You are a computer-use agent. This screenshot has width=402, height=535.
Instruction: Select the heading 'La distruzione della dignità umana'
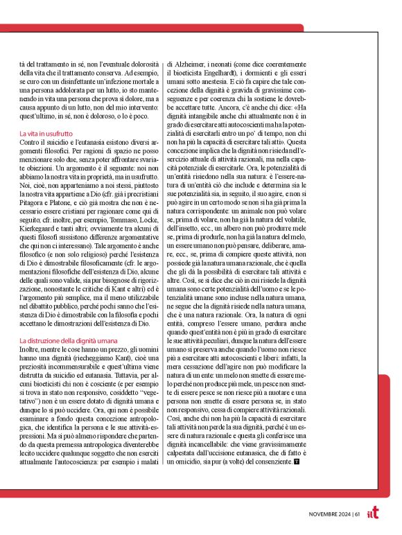click(x=68, y=341)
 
